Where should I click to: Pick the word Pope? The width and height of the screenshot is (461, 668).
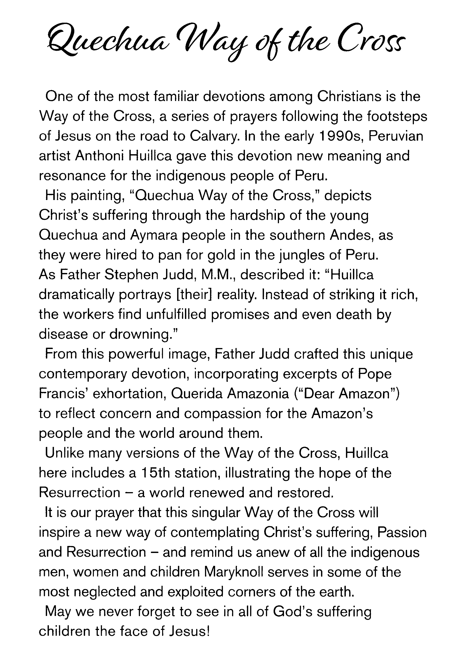click(x=375, y=374)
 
